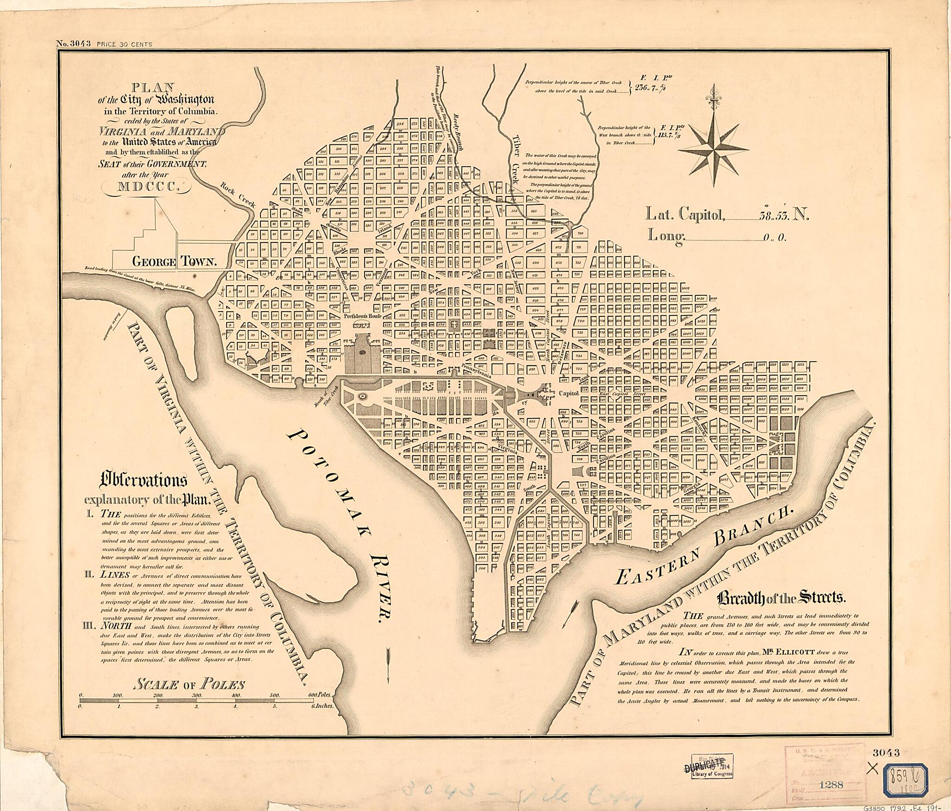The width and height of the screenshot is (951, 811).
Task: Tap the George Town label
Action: pyautogui.click(x=175, y=262)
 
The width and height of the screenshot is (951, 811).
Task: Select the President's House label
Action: pyautogui.click(x=362, y=316)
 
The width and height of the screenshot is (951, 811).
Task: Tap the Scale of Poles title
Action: pyautogui.click(x=189, y=684)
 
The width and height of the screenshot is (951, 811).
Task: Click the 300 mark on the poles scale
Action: pyautogui.click(x=197, y=695)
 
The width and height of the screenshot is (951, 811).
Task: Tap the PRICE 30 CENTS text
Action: pyautogui.click(x=124, y=45)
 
